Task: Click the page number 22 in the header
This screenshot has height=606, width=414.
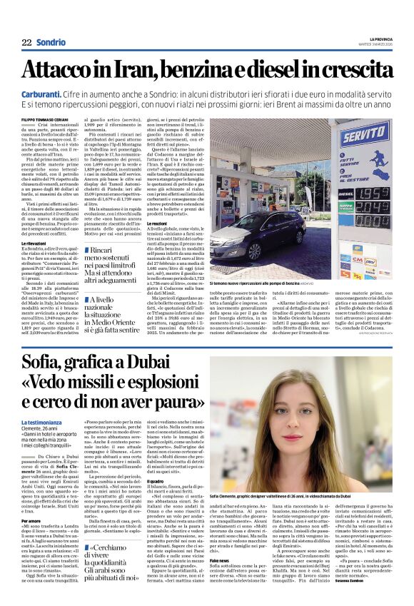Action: pos(26,42)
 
